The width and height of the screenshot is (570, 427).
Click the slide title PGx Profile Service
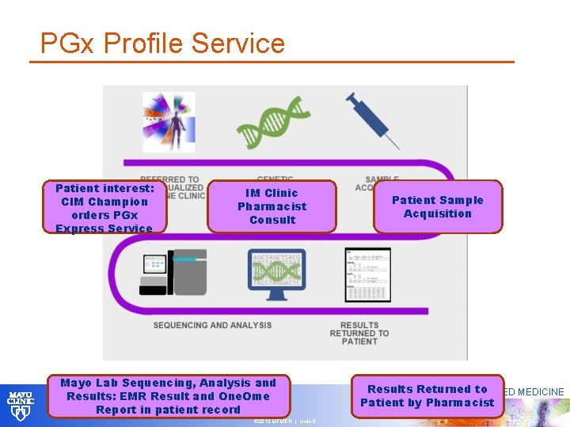[x=162, y=43]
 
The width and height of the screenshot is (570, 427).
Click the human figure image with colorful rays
[x=168, y=123]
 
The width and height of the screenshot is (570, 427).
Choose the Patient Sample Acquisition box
[x=437, y=207]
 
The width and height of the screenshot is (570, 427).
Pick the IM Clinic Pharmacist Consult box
[x=272, y=206]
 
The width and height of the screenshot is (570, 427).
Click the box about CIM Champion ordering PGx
[x=104, y=208]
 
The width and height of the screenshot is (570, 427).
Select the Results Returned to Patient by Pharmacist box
[x=427, y=395]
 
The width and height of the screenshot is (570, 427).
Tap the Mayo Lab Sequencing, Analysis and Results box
[x=168, y=396]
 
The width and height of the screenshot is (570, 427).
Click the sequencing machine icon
[x=174, y=272]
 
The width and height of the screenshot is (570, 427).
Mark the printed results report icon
[x=367, y=274]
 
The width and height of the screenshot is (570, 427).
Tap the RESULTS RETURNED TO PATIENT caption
[x=359, y=333]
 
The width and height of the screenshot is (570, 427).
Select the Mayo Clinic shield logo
[x=21, y=404]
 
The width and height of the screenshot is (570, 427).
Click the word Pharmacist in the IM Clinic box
[x=272, y=206]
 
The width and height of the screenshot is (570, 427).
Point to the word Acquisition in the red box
[x=437, y=213]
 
